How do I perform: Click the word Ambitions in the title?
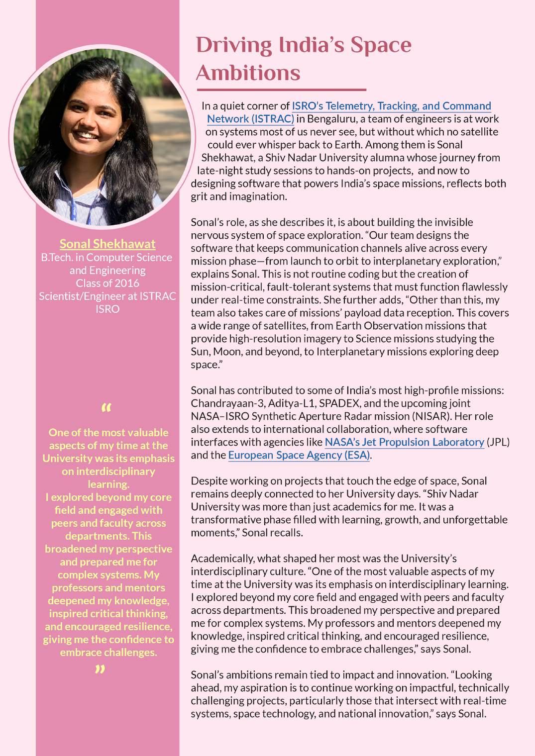pos(248,73)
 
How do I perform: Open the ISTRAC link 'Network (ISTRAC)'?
pos(250,119)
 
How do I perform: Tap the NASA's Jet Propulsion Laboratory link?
pos(404,442)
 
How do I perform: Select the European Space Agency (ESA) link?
pos(299,455)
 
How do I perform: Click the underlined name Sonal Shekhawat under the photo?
pos(107,244)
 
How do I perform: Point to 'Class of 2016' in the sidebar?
pos(107,283)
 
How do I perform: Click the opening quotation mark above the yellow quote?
pos(106,409)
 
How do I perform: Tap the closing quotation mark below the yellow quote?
pos(100,670)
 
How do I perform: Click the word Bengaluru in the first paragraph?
pos(330,119)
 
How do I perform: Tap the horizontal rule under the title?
pos(281,90)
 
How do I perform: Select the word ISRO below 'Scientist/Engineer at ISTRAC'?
pos(107,309)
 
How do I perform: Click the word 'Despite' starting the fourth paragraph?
pos(208,481)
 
